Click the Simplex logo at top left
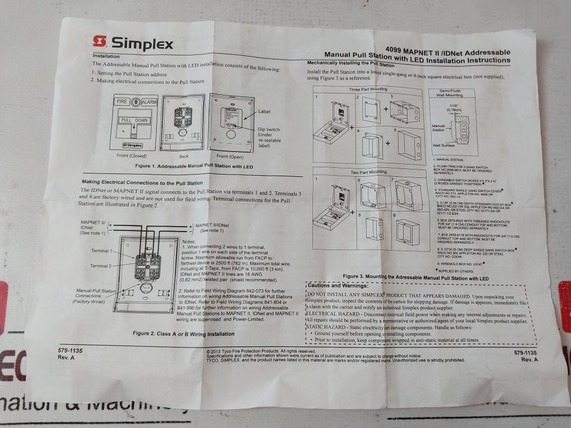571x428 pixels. [x=133, y=43]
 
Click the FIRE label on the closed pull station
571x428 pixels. [x=121, y=102]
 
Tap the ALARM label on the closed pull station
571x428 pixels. [x=148, y=102]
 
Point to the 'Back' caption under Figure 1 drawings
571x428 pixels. [x=184, y=157]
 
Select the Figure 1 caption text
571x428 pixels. [x=195, y=167]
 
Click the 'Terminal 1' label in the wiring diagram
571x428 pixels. [x=102, y=251]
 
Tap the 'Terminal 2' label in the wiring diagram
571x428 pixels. [x=102, y=266]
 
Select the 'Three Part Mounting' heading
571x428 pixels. [x=368, y=90]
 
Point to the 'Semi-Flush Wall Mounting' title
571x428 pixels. [x=446, y=93]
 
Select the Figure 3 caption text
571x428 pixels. [x=416, y=277]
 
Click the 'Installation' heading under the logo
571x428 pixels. [x=105, y=57]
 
